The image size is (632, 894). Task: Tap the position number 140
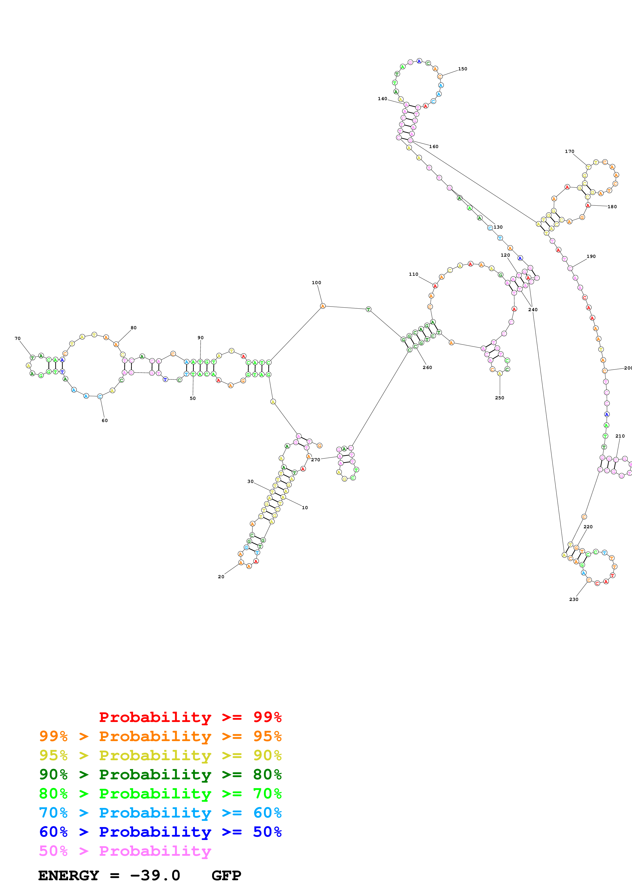tap(382, 99)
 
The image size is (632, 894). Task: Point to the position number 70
tap(18, 338)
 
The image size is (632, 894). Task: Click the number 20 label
tap(221, 577)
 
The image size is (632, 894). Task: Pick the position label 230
tap(574, 599)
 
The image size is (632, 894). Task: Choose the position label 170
tap(569, 151)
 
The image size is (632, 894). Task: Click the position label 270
tap(315, 460)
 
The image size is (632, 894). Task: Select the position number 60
tap(105, 420)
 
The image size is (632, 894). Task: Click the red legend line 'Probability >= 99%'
tap(190, 717)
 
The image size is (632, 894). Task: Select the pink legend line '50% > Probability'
tap(125, 851)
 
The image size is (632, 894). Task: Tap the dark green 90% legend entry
tap(160, 774)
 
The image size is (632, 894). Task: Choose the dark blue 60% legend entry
tap(160, 832)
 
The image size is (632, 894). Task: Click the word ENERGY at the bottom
tap(69, 876)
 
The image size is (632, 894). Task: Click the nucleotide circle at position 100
tap(323, 306)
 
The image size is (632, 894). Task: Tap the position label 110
tap(413, 274)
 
